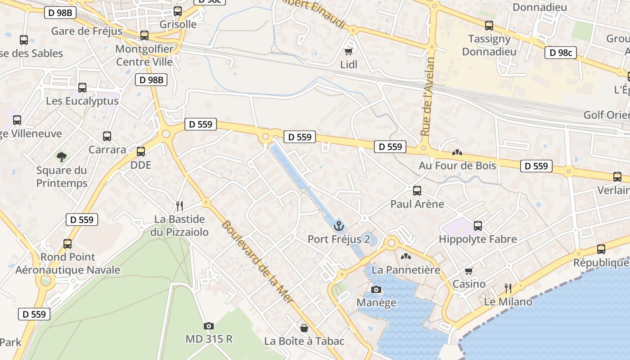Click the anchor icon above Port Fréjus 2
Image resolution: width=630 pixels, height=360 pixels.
click(339, 225)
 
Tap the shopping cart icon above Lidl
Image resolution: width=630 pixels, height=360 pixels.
click(348, 52)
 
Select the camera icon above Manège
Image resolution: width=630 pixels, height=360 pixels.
click(376, 289)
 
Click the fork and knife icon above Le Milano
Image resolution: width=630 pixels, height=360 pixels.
click(508, 288)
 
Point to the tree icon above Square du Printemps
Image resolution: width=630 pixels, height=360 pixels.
click(61, 157)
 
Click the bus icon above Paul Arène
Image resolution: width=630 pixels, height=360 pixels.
click(417, 190)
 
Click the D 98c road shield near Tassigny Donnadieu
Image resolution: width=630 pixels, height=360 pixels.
click(561, 53)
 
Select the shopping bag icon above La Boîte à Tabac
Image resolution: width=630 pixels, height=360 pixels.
click(304, 328)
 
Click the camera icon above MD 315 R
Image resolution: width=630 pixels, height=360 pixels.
click(209, 325)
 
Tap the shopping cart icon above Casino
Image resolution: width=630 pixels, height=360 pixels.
click(469, 270)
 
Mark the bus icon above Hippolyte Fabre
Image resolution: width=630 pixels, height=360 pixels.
click(478, 225)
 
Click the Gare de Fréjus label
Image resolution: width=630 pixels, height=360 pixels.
click(87, 31)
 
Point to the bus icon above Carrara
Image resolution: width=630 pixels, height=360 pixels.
click(107, 136)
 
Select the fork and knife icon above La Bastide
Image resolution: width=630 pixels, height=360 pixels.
click(180, 206)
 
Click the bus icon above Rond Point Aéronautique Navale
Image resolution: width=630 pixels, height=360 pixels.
click(67, 243)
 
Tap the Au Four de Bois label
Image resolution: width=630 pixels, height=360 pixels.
click(457, 165)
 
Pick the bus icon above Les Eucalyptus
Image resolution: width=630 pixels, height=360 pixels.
click(82, 88)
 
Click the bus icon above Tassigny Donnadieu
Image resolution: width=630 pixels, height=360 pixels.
click(489, 26)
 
